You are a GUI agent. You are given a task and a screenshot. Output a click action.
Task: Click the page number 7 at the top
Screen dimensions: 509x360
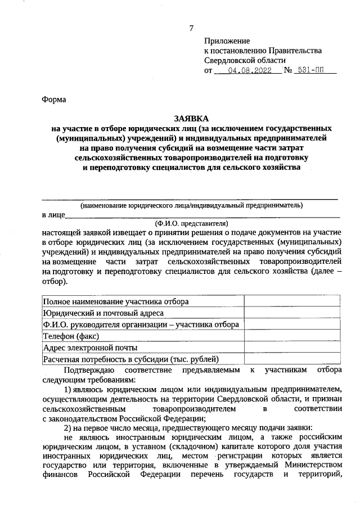click(191, 28)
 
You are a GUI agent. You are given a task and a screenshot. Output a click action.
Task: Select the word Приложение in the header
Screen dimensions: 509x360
click(226, 41)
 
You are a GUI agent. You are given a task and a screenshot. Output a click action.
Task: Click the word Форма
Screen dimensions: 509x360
click(54, 100)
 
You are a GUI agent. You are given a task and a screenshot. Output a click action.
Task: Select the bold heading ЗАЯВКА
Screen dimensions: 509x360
click(191, 119)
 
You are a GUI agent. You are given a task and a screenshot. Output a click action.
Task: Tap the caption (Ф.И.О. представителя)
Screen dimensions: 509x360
click(191, 222)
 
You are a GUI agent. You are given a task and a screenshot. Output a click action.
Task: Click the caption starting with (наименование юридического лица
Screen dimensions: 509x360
click(191, 205)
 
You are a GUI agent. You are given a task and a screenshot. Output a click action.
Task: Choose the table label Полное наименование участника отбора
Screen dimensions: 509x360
click(116, 301)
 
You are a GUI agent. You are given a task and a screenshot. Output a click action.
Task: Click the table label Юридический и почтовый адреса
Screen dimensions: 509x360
click(103, 313)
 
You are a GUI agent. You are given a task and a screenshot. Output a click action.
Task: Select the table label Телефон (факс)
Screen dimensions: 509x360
click(71, 336)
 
